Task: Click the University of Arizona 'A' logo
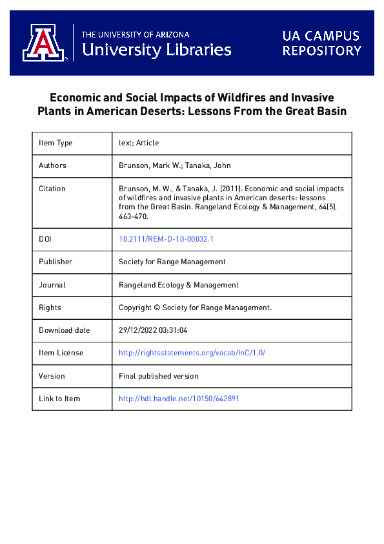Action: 43,43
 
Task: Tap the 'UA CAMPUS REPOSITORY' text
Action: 321,43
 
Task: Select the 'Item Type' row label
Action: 56,143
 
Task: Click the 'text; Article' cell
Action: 139,143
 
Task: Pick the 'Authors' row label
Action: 52,165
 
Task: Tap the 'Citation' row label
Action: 52,189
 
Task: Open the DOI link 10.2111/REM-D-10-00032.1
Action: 166,239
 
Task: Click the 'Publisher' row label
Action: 56,262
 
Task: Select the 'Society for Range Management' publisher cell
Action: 172,262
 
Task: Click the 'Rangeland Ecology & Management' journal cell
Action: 179,284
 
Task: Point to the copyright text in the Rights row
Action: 195,308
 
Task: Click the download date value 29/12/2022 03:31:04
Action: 153,330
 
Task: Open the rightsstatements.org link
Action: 192,353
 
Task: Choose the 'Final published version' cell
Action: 159,375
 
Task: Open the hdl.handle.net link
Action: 179,399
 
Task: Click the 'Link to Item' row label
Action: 59,399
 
